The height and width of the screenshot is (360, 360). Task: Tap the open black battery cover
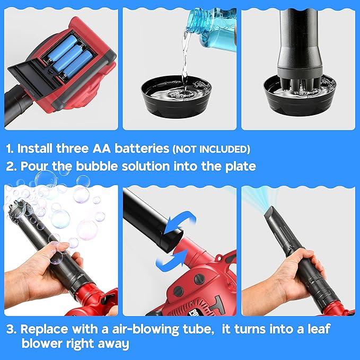(32, 85)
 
